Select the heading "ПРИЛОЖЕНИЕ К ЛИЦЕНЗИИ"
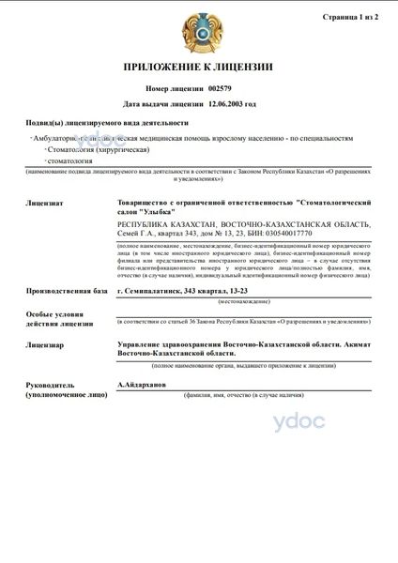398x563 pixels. tap(198, 68)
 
